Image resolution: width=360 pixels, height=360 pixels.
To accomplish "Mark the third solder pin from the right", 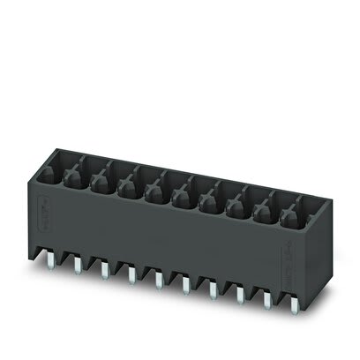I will pos(239,289).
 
